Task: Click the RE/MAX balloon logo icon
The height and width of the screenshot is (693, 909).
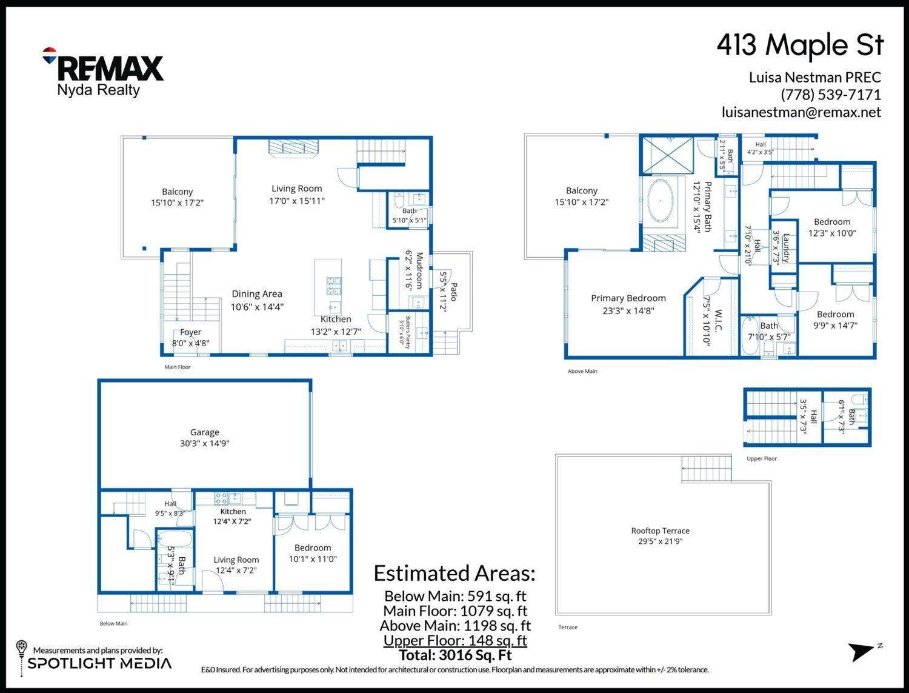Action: point(49,55)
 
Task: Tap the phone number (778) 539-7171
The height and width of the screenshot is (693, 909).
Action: point(831,95)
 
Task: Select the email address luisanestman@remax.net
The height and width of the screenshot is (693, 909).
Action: point(801,112)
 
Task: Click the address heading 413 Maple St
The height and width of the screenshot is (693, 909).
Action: point(800,45)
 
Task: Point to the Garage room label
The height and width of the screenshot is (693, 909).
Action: point(205,432)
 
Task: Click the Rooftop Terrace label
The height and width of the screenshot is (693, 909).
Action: point(660,531)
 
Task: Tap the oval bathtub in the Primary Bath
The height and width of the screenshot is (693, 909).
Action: point(660,201)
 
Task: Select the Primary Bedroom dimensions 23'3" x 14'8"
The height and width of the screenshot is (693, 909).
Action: point(628,310)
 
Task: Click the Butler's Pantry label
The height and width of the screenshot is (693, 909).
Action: point(408,333)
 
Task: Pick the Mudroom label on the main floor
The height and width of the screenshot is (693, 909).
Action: point(419,270)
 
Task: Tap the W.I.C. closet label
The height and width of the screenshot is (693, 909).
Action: point(718,321)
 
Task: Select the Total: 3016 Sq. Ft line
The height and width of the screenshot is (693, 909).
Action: point(455,655)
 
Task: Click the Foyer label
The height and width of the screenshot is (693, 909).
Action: point(190,332)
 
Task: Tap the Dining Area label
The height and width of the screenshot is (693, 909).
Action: point(257,294)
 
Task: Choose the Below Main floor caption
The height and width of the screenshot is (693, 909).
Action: point(113,623)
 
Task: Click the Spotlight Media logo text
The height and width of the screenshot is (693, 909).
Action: point(99,663)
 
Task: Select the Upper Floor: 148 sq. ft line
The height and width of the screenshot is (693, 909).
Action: point(455,640)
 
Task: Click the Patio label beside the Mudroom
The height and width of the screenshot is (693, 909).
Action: point(454,292)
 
